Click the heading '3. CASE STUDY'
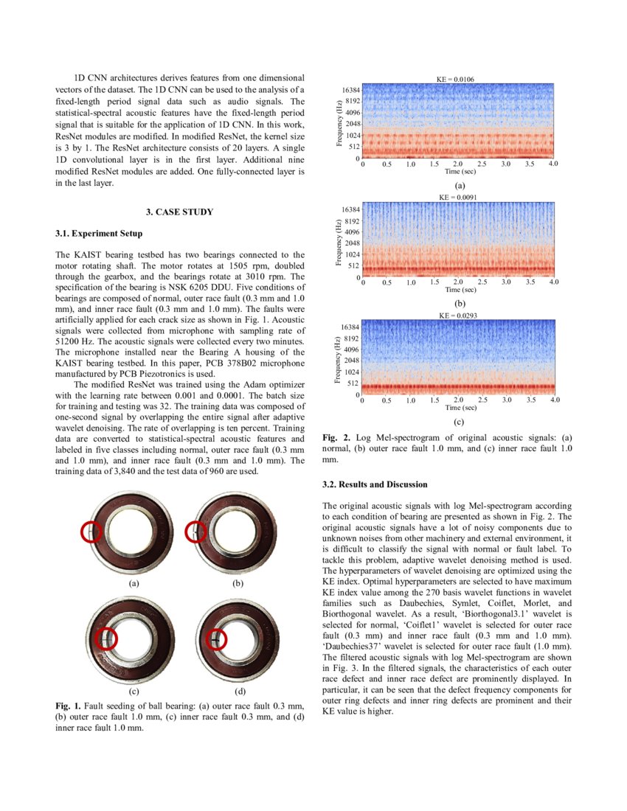[179, 212]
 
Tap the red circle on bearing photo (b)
[195, 531]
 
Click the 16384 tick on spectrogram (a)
[350, 89]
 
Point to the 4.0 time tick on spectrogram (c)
[555, 400]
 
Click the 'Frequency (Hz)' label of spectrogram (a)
[339, 122]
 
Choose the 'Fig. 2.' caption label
[335, 438]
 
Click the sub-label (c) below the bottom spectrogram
[459, 422]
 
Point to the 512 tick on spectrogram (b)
[353, 265]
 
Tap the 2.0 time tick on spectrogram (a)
[458, 164]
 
